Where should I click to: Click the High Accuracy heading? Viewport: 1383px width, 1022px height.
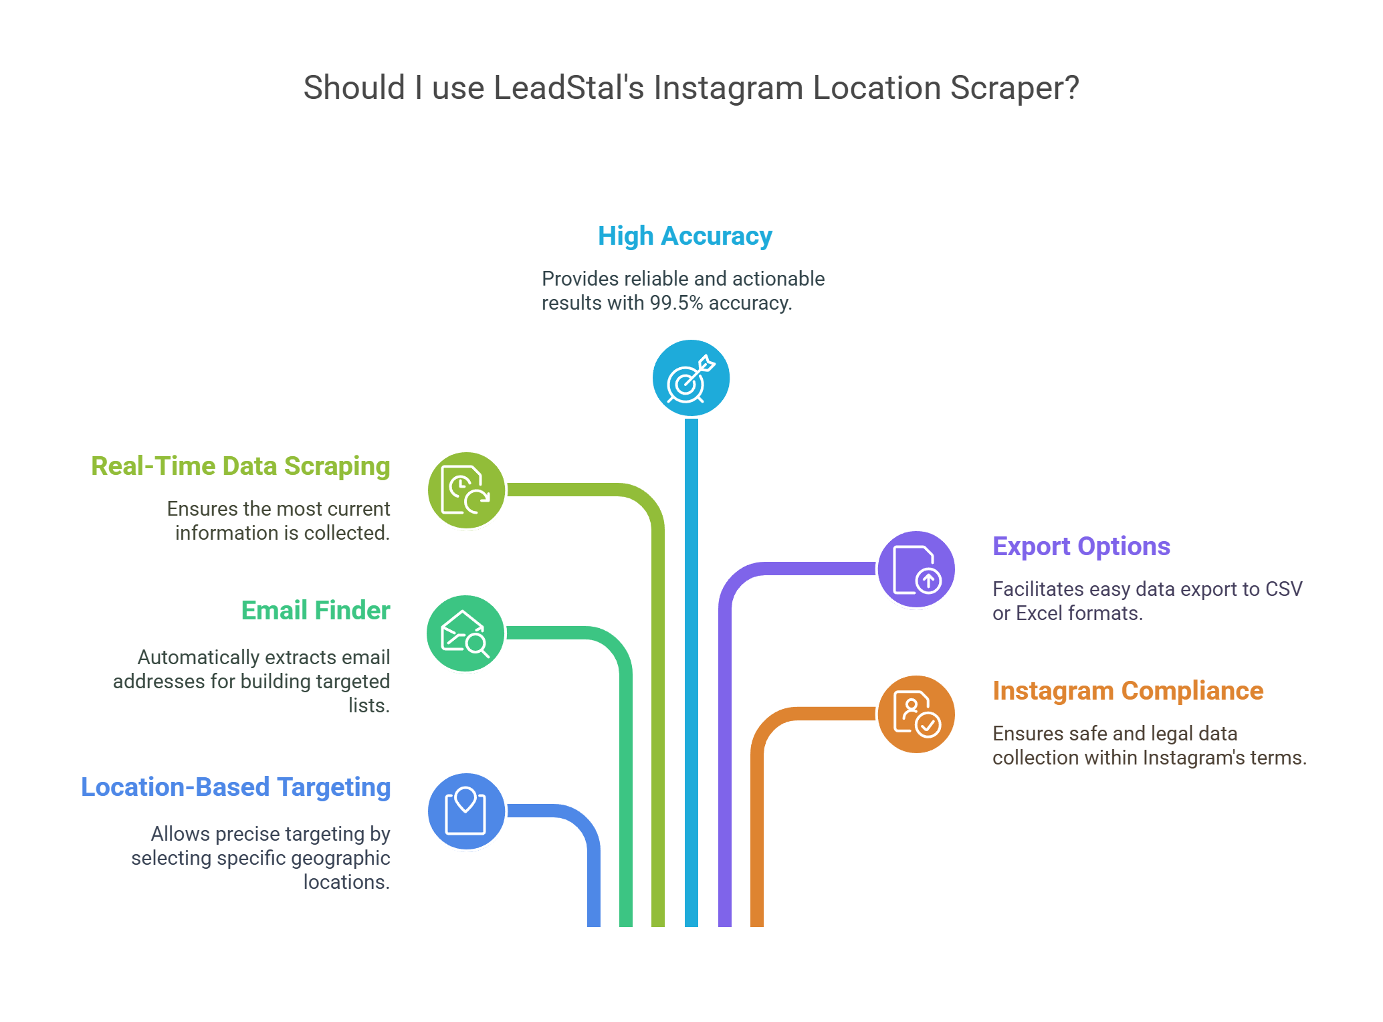[x=685, y=236]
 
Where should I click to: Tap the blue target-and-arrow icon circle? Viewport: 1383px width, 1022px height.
[x=691, y=379]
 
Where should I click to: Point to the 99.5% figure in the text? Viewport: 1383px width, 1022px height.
[x=676, y=303]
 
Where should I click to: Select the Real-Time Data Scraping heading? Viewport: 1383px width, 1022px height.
[x=241, y=466]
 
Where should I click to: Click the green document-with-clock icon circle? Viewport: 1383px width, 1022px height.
[x=466, y=490]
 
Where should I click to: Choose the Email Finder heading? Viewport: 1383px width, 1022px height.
[x=316, y=611]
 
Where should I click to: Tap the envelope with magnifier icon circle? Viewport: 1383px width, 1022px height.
[x=465, y=633]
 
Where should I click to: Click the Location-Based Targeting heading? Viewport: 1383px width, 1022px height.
[x=235, y=787]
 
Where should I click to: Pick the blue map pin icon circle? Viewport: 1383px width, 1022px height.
[x=466, y=811]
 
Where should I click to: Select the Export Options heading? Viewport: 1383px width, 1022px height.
[x=1081, y=546]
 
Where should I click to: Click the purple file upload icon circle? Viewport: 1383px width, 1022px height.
[x=916, y=569]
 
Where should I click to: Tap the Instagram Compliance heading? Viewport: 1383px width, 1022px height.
[x=1128, y=691]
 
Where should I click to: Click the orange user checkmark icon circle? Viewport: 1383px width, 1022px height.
[x=916, y=714]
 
